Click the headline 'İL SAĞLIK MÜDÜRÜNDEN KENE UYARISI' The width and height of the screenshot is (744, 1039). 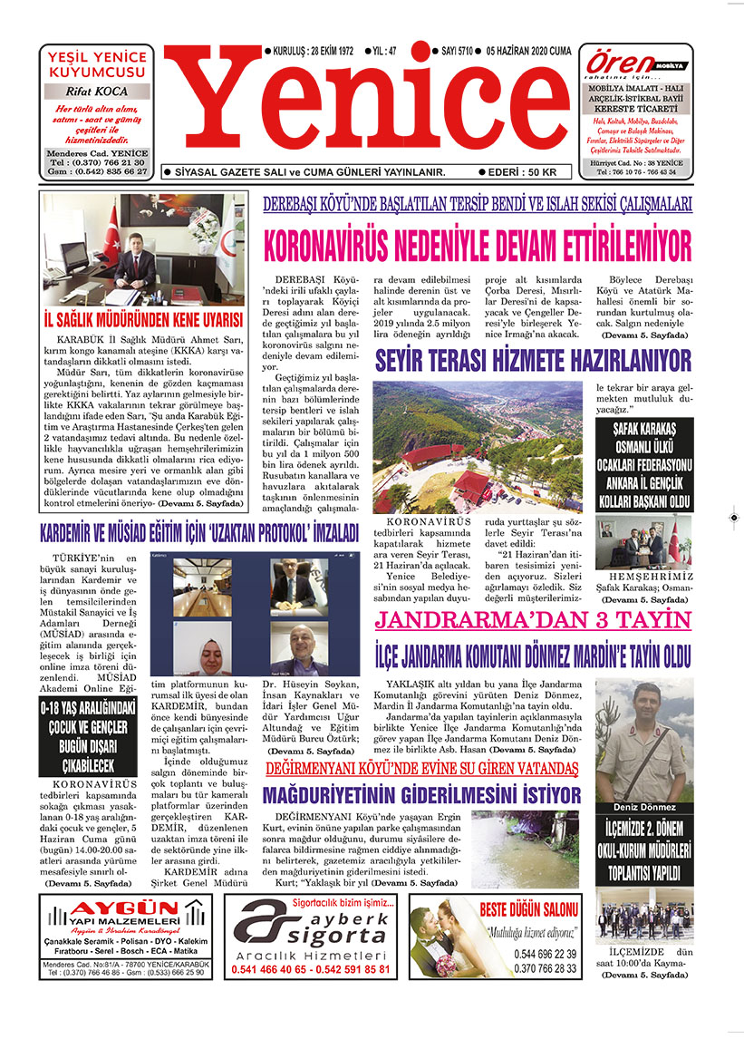tap(142, 321)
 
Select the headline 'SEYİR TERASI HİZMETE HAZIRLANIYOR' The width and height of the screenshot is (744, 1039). tap(533, 361)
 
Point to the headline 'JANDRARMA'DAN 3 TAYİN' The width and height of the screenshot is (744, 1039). tap(533, 621)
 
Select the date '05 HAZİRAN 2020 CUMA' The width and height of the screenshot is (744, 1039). tap(528, 52)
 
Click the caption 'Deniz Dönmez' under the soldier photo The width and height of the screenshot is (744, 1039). tap(643, 807)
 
